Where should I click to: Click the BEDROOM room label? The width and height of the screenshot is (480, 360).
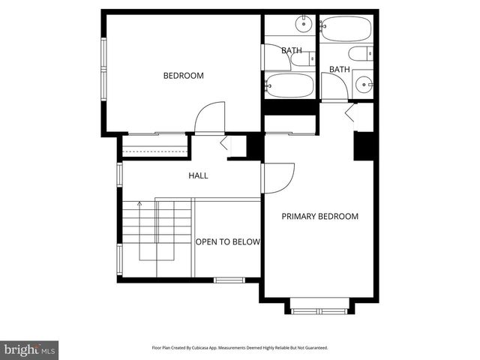(184, 76)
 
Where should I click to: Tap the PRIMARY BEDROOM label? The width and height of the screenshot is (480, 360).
(319, 217)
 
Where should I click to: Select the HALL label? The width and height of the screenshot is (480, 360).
(198, 175)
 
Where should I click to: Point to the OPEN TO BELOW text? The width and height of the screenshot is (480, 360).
(227, 242)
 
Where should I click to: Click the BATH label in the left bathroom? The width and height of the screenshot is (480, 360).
(292, 51)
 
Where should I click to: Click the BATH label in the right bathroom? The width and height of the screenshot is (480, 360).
(340, 70)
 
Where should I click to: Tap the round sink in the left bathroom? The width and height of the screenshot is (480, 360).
(303, 25)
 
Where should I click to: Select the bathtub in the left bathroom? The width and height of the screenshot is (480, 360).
(289, 85)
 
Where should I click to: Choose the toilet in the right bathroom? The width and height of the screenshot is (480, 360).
(361, 54)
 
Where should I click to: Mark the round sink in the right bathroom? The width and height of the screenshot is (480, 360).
(364, 85)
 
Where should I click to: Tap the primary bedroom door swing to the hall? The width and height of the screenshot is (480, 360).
(279, 178)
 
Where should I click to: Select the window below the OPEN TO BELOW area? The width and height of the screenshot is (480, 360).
(229, 280)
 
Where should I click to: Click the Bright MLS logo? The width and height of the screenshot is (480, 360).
(30, 349)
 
